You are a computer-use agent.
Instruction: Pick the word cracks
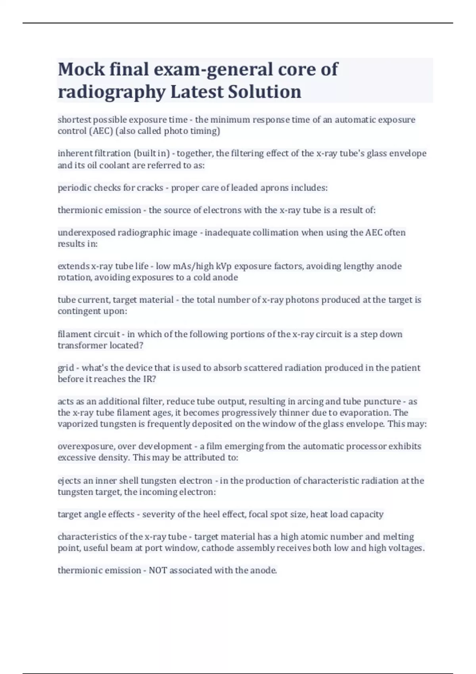tap(150, 188)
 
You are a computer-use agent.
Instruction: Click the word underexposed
tap(86, 232)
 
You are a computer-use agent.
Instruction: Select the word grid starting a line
tap(66, 368)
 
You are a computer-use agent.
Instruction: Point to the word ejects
tap(69, 481)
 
